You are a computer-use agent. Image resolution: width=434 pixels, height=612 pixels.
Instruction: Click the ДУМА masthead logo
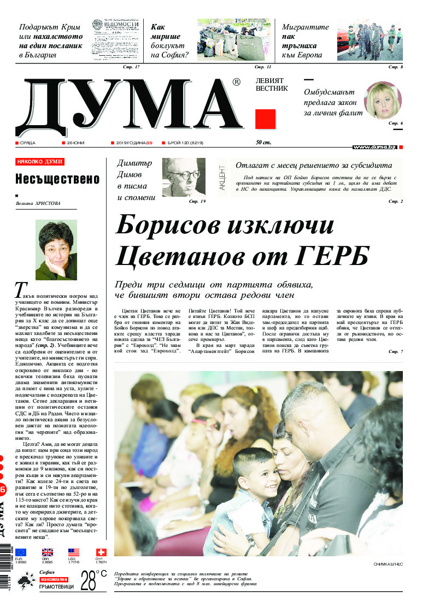[x=128, y=108]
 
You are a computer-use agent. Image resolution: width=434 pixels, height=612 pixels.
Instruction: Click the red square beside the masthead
[x=266, y=119]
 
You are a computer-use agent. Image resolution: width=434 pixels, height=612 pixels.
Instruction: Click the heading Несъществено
[x=57, y=179]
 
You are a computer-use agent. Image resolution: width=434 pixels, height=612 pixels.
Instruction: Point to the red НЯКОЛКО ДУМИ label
[x=40, y=162]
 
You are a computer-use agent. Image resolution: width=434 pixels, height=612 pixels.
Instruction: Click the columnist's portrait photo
[x=56, y=250]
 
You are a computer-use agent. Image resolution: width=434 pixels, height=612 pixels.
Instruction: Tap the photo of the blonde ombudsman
[x=383, y=101]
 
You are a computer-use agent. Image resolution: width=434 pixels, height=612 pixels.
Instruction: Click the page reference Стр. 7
[x=395, y=351]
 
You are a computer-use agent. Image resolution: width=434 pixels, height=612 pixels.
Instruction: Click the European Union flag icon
[x=20, y=552]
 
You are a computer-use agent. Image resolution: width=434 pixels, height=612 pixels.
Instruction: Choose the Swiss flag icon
[x=101, y=552]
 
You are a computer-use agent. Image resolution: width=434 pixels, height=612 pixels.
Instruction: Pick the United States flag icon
[x=74, y=552]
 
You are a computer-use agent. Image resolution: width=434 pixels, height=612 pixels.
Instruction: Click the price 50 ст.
[x=263, y=143]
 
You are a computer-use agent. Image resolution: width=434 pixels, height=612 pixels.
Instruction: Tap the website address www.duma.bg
[x=374, y=148]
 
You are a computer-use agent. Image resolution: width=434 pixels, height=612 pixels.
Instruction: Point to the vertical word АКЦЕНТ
[x=222, y=177]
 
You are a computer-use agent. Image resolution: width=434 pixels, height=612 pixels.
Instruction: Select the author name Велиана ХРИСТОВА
[x=39, y=204]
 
